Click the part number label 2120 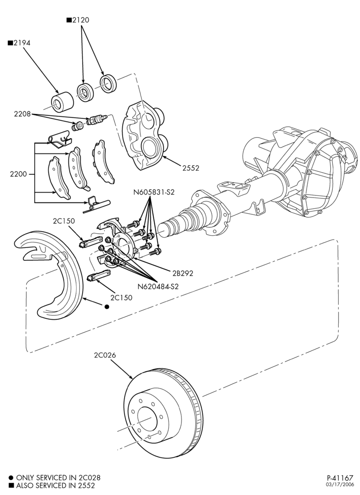pyautogui.click(x=81, y=20)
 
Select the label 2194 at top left pyautogui.click(x=22, y=43)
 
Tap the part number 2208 pyautogui.click(x=22, y=114)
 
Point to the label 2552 pyautogui.click(x=191, y=168)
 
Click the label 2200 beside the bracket pyautogui.click(x=19, y=174)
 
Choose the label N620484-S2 pyautogui.click(x=158, y=287)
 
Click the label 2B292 pyautogui.click(x=182, y=273)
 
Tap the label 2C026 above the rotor pyautogui.click(x=105, y=355)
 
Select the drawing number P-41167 pyautogui.click(x=340, y=478)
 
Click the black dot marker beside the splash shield pyautogui.click(x=106, y=306)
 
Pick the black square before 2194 pyautogui.click(x=10, y=43)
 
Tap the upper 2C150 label pyautogui.click(x=64, y=221)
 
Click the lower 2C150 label pyautogui.click(x=121, y=297)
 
